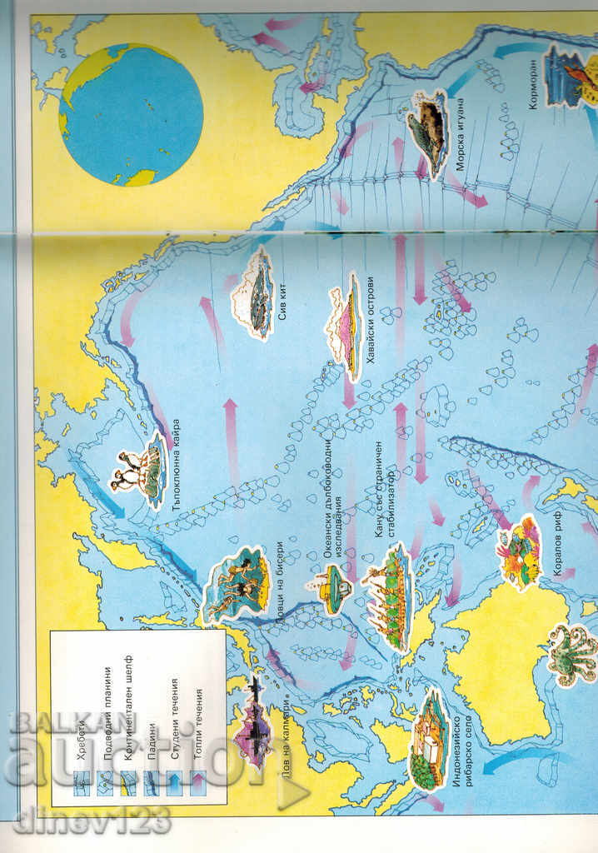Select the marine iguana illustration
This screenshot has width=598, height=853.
click(427, 125)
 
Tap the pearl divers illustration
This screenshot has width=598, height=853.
click(237, 583)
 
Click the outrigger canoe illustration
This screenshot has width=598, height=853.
click(388, 596)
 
